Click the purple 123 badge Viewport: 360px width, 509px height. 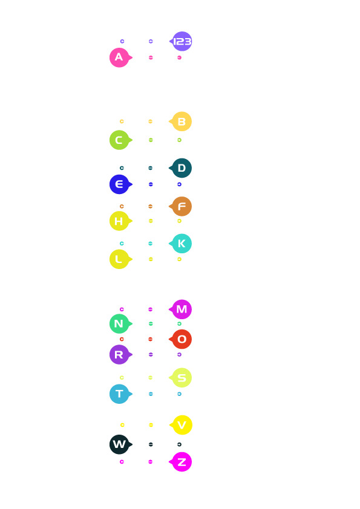pyautogui.click(x=182, y=41)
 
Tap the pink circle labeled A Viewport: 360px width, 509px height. pyautogui.click(x=120, y=57)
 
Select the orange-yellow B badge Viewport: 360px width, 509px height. pyautogui.click(x=182, y=122)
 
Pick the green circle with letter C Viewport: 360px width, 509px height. pyautogui.click(x=120, y=140)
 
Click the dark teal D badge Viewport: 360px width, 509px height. pyautogui.click(x=182, y=168)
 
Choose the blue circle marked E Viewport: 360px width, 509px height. pyautogui.click(x=120, y=184)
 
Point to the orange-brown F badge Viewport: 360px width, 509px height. pyautogui.click(x=182, y=207)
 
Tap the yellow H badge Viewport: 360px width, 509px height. pyautogui.click(x=120, y=221)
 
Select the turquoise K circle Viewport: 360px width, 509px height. pyautogui.click(x=182, y=244)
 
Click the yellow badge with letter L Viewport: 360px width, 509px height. pyautogui.click(x=120, y=259)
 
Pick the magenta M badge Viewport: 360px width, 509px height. pyautogui.click(x=182, y=310)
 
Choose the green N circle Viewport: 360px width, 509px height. pyautogui.click(x=120, y=323)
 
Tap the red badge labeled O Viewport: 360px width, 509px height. pyautogui.click(x=182, y=339)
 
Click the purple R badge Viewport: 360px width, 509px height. pyautogui.click(x=120, y=354)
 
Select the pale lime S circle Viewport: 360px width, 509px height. pyautogui.click(x=182, y=378)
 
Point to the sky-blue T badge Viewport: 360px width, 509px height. pyautogui.click(x=120, y=394)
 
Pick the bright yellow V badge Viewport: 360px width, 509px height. pyautogui.click(x=182, y=425)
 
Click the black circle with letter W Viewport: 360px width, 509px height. pyautogui.click(x=120, y=444)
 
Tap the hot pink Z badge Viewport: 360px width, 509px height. pyautogui.click(x=182, y=462)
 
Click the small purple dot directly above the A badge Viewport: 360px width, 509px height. pyautogui.click(x=122, y=41)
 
